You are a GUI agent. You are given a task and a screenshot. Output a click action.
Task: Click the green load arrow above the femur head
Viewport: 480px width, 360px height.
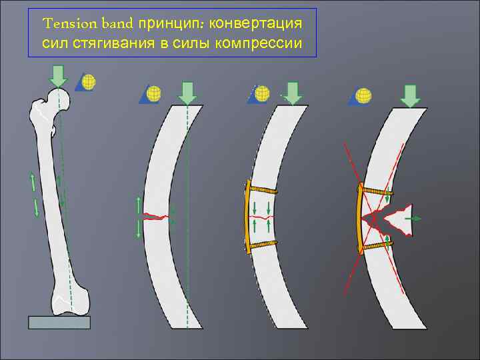tap(58, 75)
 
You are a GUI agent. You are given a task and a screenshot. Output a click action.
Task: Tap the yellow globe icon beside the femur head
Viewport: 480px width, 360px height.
tap(89, 81)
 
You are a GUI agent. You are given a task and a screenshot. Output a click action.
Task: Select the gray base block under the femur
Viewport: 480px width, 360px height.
tap(59, 322)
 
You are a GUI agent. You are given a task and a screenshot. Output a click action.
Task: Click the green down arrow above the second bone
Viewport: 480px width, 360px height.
tap(188, 92)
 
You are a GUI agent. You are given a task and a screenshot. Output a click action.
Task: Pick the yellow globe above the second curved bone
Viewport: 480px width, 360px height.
tap(153, 93)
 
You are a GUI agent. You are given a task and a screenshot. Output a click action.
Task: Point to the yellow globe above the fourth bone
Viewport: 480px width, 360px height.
tap(364, 95)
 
